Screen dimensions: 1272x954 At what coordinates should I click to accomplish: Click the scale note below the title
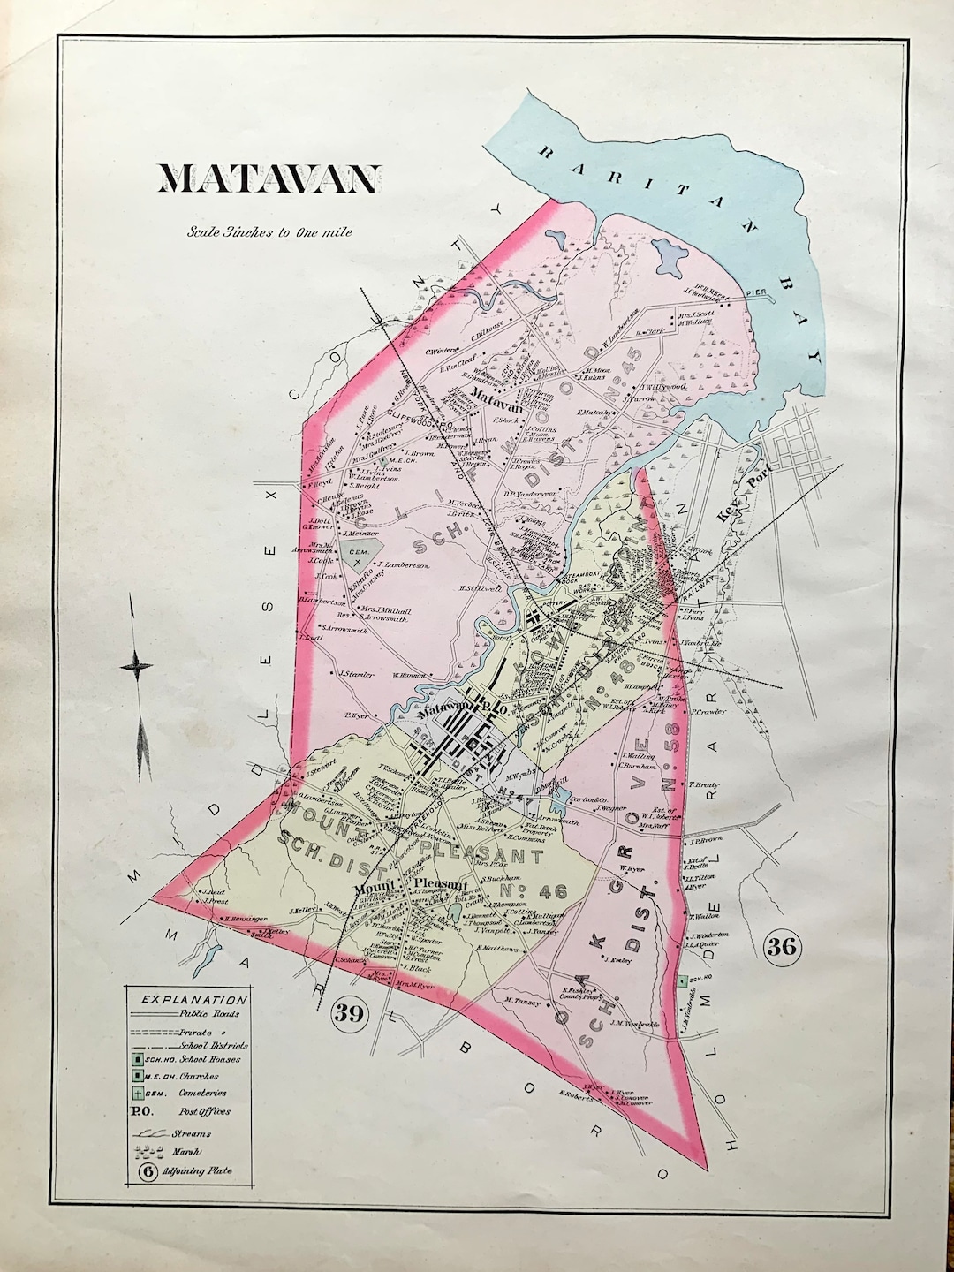point(269,233)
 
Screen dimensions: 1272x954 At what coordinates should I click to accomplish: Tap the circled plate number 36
point(784,948)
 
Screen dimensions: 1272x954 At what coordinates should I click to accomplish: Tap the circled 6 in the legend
point(147,1172)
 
